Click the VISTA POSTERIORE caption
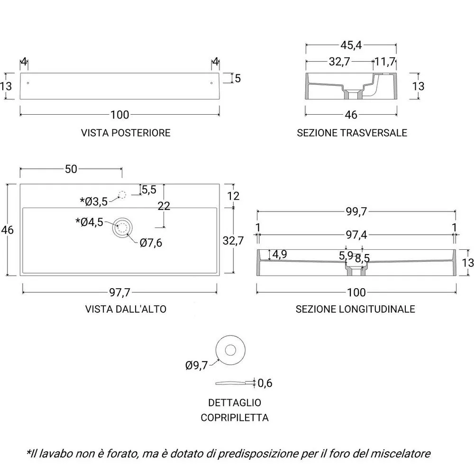tap(126, 133)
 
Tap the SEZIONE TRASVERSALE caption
tap(352, 133)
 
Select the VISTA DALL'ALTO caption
tap(126, 309)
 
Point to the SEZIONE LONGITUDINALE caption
tap(355, 309)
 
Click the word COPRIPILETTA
tap(235, 418)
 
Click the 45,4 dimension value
tap(351, 45)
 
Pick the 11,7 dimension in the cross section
tap(385, 62)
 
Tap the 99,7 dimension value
tap(356, 211)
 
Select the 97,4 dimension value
tap(356, 235)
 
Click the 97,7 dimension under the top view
tap(120, 292)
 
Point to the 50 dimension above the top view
tap(71, 169)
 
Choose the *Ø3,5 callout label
tap(94, 201)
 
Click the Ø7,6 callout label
tap(151, 243)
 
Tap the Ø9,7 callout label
tap(197, 365)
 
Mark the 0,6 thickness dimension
tap(265, 383)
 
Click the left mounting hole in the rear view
tap(28, 83)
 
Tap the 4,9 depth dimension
tap(280, 255)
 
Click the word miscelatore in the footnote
tap(401, 454)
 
